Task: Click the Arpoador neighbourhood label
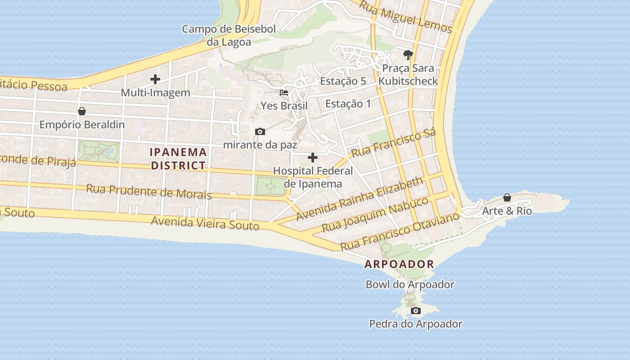tap(399, 264)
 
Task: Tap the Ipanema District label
tap(178, 158)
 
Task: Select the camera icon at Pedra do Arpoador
tap(416, 310)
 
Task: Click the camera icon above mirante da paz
tap(260, 132)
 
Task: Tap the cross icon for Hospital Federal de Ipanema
tap(313, 157)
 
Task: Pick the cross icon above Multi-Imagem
tap(155, 80)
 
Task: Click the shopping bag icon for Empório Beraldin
tap(82, 111)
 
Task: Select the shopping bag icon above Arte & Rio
tap(507, 198)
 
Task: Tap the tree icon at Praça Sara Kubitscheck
tap(408, 55)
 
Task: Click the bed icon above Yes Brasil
tap(284, 93)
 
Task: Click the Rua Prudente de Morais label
tap(148, 191)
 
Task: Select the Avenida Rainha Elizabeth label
tap(360, 198)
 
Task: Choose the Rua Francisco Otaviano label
tap(400, 231)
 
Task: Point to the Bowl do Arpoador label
tap(409, 284)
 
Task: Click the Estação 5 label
tap(343, 81)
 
